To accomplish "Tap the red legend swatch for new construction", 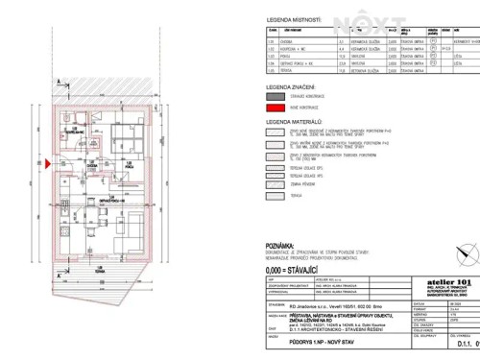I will pos(277,108).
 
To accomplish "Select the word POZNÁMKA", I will pos(281,246).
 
